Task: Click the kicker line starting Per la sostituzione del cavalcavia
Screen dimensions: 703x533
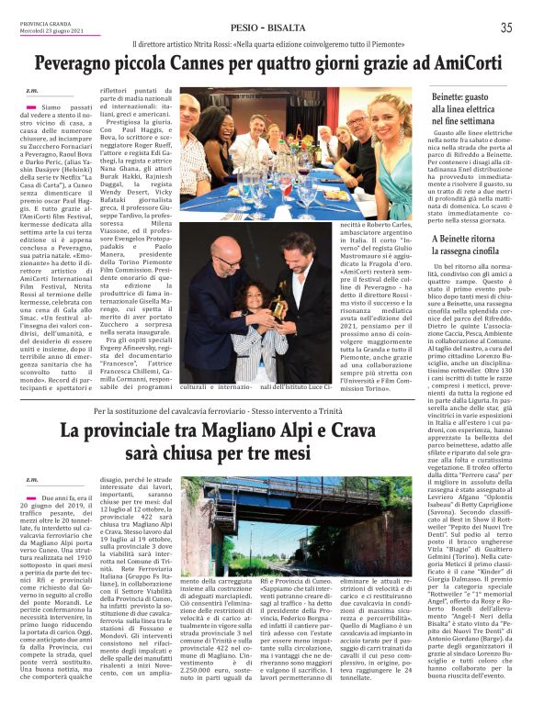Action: (221, 411)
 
